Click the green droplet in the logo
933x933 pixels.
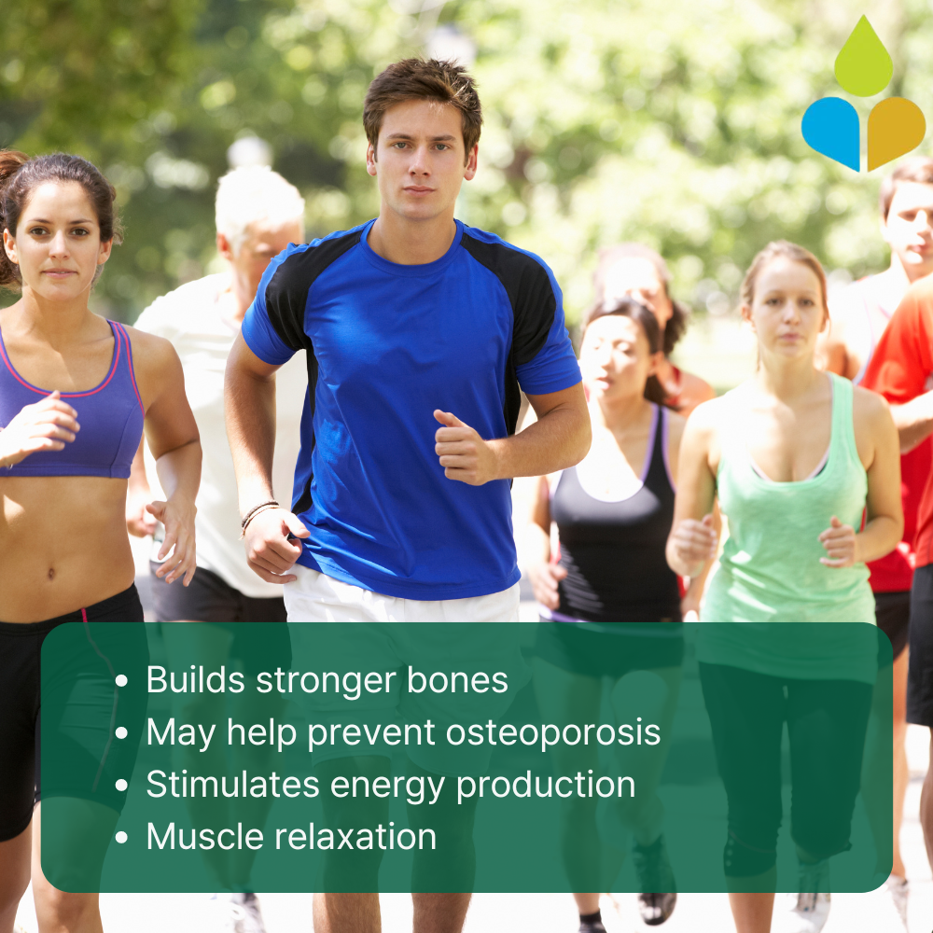pyautogui.click(x=863, y=60)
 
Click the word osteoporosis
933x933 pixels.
pyautogui.click(x=552, y=731)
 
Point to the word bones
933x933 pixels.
pyautogui.click(x=457, y=679)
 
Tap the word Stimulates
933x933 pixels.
pyautogui.click(x=232, y=784)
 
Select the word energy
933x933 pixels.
pyautogui.click(x=387, y=787)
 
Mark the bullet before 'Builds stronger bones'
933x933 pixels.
pyautogui.click(x=121, y=681)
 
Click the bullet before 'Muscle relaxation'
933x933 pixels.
pyautogui.click(x=121, y=838)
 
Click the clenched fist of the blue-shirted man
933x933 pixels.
pyautogui.click(x=461, y=446)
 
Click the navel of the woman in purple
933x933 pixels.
pyautogui.click(x=51, y=574)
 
